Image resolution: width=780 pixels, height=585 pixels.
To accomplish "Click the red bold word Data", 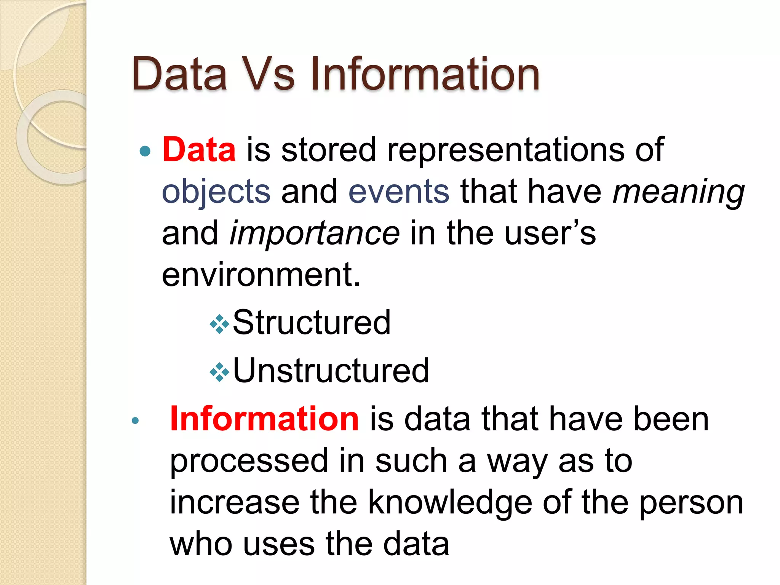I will [199, 150].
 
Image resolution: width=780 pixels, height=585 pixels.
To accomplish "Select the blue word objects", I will [216, 192].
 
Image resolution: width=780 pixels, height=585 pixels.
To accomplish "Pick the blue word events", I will [399, 192].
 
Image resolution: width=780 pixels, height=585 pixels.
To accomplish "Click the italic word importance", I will [315, 233].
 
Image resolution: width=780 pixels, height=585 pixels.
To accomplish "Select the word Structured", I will [312, 323].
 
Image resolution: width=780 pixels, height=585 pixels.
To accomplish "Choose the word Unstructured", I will [331, 371].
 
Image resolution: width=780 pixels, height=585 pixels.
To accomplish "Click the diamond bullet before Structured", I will [220, 324].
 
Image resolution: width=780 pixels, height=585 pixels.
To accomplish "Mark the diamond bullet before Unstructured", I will [220, 372].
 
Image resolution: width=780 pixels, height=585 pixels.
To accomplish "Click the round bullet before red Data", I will [145, 151].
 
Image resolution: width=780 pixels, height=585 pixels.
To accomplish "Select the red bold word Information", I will [264, 419].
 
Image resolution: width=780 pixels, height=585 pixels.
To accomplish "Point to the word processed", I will [249, 461].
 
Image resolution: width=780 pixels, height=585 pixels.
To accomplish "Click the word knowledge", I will [450, 503].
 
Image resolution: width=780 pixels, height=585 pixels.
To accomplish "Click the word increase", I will [235, 503].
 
